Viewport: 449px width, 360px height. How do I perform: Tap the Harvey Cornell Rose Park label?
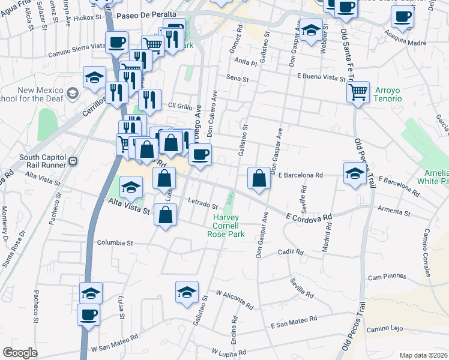pyautogui.click(x=226, y=226)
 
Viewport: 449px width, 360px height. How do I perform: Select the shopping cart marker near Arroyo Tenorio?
pyautogui.click(x=358, y=92)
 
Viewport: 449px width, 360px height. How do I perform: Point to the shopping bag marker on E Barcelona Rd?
pyautogui.click(x=258, y=178)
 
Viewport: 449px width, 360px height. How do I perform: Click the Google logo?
pyautogui.click(x=20, y=353)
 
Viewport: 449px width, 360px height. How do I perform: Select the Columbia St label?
pyautogui.click(x=114, y=243)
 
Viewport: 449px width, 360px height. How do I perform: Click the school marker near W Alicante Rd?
pyautogui.click(x=187, y=292)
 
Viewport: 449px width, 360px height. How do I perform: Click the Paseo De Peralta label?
pyautogui.click(x=147, y=14)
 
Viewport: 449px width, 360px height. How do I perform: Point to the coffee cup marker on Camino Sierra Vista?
pyautogui.click(x=116, y=43)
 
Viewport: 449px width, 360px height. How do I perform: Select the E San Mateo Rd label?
pyautogui.click(x=294, y=324)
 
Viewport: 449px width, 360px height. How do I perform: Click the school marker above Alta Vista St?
pyautogui.click(x=131, y=187)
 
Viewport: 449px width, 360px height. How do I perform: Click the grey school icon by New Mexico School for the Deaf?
pyautogui.click(x=72, y=93)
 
